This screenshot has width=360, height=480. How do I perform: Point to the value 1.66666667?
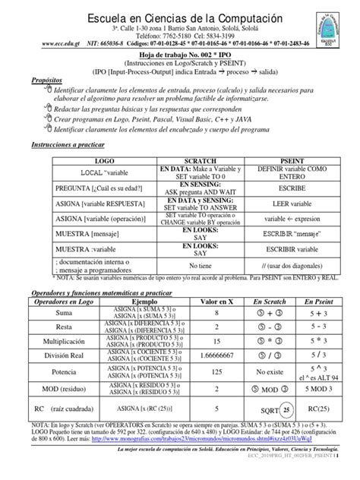click(x=217, y=358)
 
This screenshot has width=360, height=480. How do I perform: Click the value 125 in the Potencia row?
click(x=217, y=374)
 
